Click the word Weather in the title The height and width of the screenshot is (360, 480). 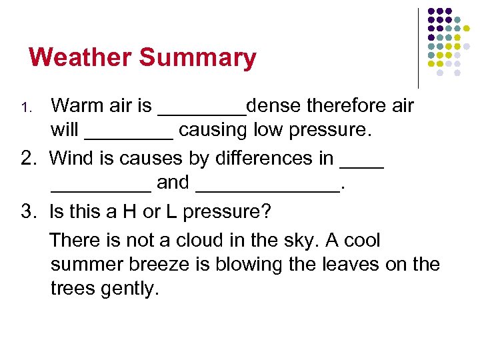coord(80,57)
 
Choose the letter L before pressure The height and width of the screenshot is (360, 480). coord(171,212)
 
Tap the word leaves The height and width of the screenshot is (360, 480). coord(353,265)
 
